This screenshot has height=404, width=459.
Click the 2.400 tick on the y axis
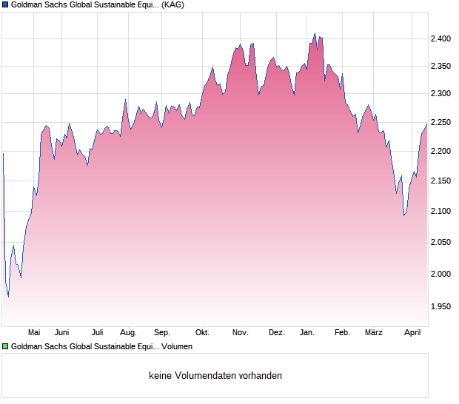[x=441, y=38]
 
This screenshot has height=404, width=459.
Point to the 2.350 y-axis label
[x=441, y=67]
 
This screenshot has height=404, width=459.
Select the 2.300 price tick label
[x=441, y=94]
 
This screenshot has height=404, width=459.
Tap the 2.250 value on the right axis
[x=441, y=123]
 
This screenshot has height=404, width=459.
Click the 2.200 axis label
[x=441, y=152]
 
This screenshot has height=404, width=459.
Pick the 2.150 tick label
[x=441, y=181]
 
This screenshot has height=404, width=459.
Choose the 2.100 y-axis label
[x=441, y=212]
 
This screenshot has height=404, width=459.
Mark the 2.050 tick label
[x=441, y=243]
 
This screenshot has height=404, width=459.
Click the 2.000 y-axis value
[x=441, y=275]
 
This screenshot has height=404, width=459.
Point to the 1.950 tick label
[x=441, y=306]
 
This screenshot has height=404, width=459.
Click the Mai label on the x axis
[x=33, y=333]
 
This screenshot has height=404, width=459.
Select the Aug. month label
[x=128, y=333]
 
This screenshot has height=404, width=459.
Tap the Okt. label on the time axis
[x=202, y=333]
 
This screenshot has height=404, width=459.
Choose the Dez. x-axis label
[x=276, y=333]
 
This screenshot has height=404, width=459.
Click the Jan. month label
[x=307, y=333]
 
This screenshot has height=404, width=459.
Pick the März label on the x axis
[x=374, y=333]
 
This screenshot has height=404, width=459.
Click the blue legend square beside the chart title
[x=5, y=5]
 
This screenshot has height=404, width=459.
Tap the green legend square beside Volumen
[x=5, y=346]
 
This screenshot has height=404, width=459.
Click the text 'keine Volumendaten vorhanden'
[x=215, y=376]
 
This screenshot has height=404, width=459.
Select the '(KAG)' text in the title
[x=172, y=5]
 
